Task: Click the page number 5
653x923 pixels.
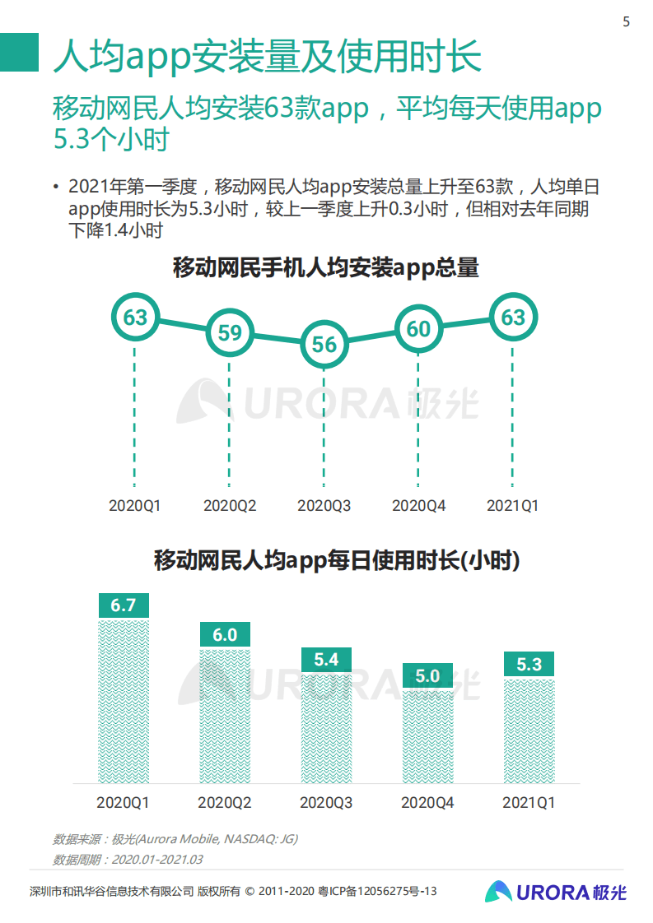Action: [626, 22]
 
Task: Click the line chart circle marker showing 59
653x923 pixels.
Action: [230, 332]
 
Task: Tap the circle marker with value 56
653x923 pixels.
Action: [324, 344]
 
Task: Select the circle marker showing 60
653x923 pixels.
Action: [418, 329]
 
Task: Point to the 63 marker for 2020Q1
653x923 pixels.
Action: [135, 318]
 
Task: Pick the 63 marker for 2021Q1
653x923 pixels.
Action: [513, 318]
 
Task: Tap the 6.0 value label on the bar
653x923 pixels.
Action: [225, 634]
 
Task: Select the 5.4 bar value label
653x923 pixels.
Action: [326, 660]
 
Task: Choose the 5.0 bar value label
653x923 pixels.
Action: [427, 676]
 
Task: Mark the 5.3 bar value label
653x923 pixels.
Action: [529, 664]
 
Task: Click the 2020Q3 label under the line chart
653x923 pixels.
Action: [324, 506]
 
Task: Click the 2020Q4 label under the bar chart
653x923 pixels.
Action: [427, 802]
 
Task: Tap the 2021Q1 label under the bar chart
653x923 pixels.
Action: [529, 802]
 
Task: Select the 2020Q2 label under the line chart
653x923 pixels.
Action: [230, 506]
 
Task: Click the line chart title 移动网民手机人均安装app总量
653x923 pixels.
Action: [325, 267]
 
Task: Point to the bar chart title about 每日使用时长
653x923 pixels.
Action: [337, 561]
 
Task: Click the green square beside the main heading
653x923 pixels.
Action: [19, 52]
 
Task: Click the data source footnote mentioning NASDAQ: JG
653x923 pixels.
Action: [175, 839]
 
